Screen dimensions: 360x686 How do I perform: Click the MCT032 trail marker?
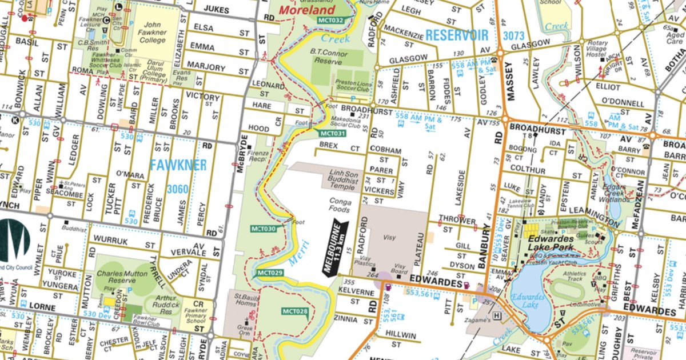[332, 21]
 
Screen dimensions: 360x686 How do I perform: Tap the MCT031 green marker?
[332, 134]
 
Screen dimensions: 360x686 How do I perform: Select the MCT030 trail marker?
[264, 229]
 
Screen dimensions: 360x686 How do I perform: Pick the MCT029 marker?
[270, 273]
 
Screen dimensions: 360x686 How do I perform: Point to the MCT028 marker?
[295, 311]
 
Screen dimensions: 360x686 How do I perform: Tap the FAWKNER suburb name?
[178, 166]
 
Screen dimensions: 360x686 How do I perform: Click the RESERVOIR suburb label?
[457, 35]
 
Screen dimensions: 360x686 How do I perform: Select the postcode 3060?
[178, 189]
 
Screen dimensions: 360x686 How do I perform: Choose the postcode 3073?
[513, 35]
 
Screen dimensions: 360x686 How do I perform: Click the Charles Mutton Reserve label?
[118, 277]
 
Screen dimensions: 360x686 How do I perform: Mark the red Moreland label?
[307, 10]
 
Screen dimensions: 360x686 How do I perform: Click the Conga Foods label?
[340, 205]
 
